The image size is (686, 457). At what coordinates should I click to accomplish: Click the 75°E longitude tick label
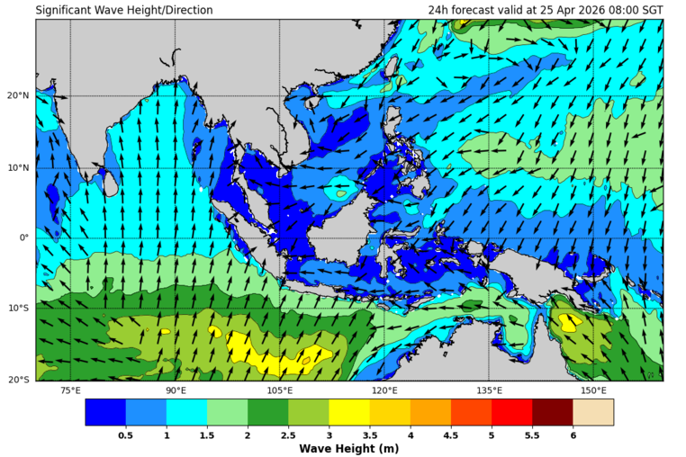tap(70, 390)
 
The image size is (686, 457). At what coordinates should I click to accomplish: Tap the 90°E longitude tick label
tap(176, 390)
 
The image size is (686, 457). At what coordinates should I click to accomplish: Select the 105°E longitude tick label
tap(280, 390)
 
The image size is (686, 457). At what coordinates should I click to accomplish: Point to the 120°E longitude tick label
tap(384, 390)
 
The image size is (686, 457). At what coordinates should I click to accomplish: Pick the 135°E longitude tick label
tap(489, 390)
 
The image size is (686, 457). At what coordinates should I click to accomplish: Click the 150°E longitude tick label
tap(593, 390)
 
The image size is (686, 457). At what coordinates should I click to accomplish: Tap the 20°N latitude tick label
tap(18, 96)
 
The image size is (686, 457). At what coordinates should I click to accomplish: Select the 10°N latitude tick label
tap(18, 167)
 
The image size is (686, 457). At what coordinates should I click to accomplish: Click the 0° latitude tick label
tap(24, 238)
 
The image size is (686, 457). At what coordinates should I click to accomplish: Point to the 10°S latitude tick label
tap(18, 309)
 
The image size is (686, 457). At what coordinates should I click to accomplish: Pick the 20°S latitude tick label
tap(18, 380)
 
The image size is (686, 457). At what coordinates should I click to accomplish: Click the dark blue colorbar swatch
tap(105, 412)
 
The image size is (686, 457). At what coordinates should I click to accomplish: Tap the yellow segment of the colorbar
tap(349, 412)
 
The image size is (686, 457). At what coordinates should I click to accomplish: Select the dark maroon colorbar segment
tap(552, 412)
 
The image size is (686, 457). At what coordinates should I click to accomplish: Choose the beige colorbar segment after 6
tap(593, 412)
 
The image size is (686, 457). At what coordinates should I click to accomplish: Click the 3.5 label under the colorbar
tap(369, 435)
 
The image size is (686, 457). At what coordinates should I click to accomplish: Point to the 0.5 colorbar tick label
tap(126, 435)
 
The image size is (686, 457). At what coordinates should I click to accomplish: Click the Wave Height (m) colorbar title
tap(348, 448)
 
